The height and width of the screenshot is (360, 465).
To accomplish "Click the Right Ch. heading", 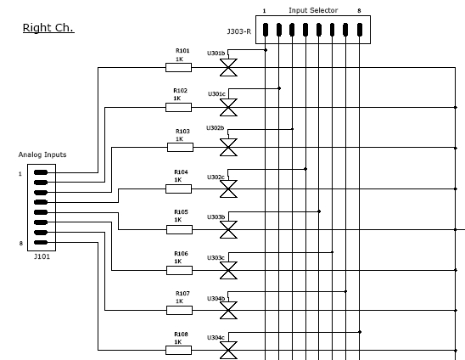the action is [48, 28].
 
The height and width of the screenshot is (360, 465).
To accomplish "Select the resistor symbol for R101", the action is [178, 67].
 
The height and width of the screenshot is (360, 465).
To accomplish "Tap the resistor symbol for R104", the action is [178, 188].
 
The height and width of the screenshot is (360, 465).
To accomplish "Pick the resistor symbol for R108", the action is [178, 350].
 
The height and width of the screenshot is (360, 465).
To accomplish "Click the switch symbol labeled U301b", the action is [228, 68].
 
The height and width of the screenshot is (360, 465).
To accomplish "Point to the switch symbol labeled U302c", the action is [228, 188].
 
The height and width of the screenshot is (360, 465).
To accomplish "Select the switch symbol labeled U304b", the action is [228, 311].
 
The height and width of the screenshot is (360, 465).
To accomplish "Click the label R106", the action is [181, 254].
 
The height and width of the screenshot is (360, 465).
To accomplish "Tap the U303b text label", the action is [216, 217].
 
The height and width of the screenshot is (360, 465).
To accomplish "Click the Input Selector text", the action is [313, 10].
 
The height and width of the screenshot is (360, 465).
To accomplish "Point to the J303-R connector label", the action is [239, 31].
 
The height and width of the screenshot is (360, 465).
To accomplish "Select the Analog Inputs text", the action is [42, 155].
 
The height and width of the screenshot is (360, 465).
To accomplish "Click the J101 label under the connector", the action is [42, 256].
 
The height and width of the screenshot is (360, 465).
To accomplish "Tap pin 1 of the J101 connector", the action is [41, 172].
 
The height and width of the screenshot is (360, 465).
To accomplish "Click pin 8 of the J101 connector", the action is [41, 243].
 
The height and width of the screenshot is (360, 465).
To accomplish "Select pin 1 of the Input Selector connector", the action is [266, 30].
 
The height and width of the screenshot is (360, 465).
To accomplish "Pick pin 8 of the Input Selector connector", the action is [360, 30].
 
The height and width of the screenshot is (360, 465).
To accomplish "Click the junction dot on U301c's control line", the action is [279, 88].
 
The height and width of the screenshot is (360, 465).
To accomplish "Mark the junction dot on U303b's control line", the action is [319, 211].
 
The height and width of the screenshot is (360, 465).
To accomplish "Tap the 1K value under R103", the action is [179, 139].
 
